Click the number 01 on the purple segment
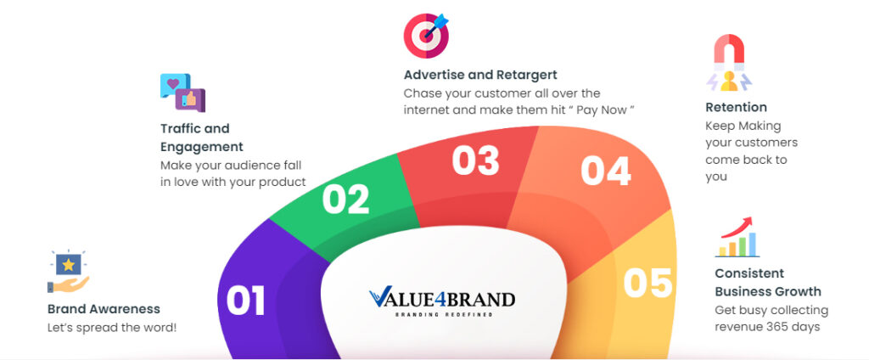coord(245,300)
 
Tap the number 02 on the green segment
coord(346,199)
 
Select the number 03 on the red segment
coord(475,160)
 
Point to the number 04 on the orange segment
coord(606,171)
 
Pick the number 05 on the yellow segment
coord(648,283)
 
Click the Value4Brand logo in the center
coord(441,301)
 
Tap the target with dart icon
coord(426,36)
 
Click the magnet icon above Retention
coord(729,63)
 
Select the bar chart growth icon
coord(737,237)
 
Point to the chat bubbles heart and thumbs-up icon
coord(183,93)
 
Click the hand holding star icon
coord(68,271)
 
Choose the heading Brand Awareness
coord(104,309)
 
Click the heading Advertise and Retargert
coord(480,75)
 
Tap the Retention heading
coord(736,107)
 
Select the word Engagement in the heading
coord(202,147)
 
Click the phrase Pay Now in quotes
coord(602,110)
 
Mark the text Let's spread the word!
coord(112,328)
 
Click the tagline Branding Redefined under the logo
coord(443,314)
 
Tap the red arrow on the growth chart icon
coord(736,227)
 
